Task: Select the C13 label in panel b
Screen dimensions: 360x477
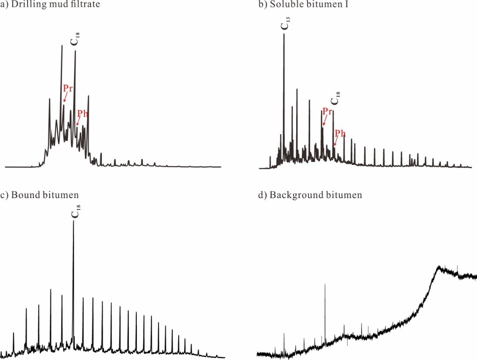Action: click(284, 25)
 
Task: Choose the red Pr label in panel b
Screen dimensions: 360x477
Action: click(328, 112)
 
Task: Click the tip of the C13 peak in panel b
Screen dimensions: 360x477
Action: click(284, 34)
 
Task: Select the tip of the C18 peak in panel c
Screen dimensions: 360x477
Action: click(73, 221)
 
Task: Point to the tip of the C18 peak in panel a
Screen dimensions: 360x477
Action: click(75, 51)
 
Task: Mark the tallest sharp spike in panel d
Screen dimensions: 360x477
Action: click(325, 284)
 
